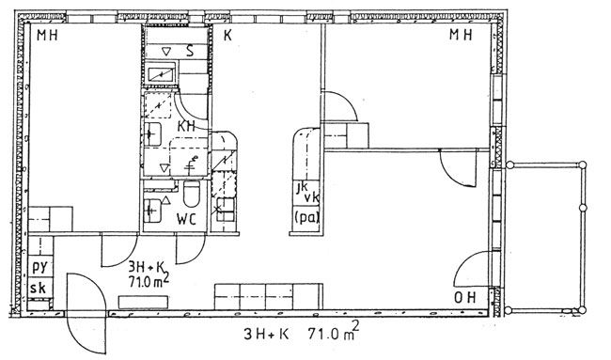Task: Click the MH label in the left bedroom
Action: point(47,36)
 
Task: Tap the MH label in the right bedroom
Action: point(461,35)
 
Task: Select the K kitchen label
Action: point(228,36)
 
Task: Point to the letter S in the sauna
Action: point(190,51)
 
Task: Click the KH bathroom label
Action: point(186,126)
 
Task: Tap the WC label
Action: point(186,219)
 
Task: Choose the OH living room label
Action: point(465,298)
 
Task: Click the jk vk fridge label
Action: point(307,194)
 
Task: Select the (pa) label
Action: point(307,217)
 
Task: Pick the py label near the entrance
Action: point(39,267)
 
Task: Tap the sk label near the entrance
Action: point(39,289)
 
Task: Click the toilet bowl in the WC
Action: point(191,194)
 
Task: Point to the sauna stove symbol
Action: point(161,74)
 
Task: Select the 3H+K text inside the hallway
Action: point(147,267)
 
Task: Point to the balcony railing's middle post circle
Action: point(583,208)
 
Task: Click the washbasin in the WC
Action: point(152,211)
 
